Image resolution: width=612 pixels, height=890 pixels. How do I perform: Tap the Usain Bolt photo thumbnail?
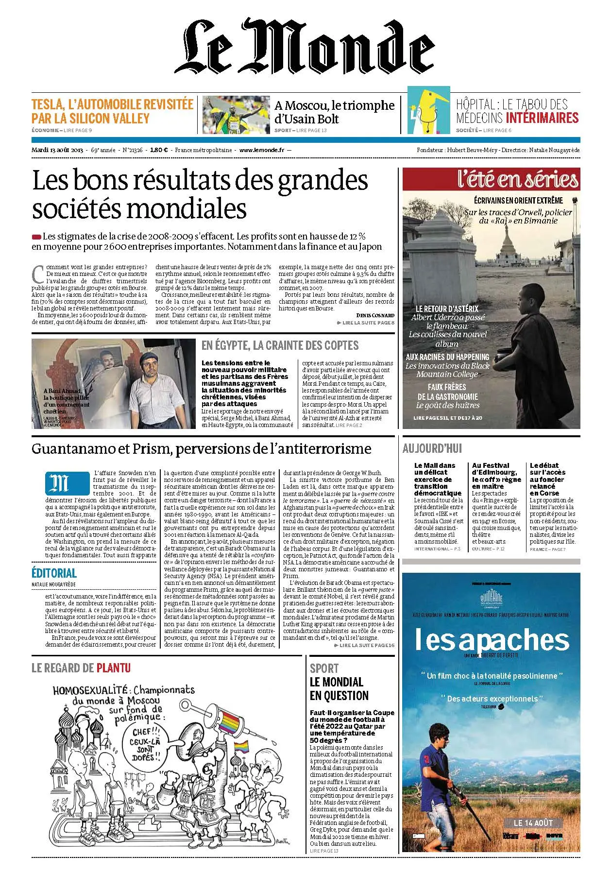(x=236, y=115)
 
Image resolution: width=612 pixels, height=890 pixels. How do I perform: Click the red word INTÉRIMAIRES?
(x=542, y=118)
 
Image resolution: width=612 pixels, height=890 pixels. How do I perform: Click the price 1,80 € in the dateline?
(x=159, y=150)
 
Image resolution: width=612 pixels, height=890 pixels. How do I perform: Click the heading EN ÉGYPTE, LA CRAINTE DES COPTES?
(x=280, y=345)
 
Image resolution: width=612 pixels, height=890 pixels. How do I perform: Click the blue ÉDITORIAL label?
(x=54, y=573)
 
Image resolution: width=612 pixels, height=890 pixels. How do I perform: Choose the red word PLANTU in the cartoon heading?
(x=113, y=668)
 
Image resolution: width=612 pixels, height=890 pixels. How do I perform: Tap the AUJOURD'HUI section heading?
(x=432, y=448)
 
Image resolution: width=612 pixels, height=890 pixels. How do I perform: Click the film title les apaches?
(x=492, y=640)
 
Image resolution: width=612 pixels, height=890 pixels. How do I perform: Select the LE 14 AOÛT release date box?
(x=533, y=823)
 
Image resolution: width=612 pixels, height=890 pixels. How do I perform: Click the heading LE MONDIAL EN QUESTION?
(x=339, y=688)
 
